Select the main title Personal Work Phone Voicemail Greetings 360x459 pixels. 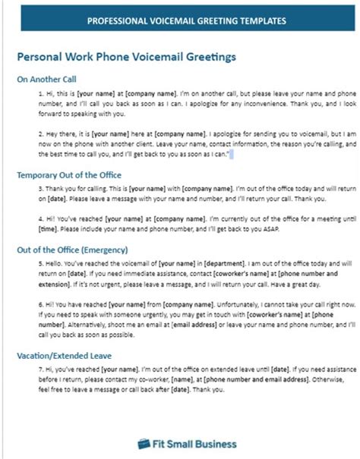click(126, 57)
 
